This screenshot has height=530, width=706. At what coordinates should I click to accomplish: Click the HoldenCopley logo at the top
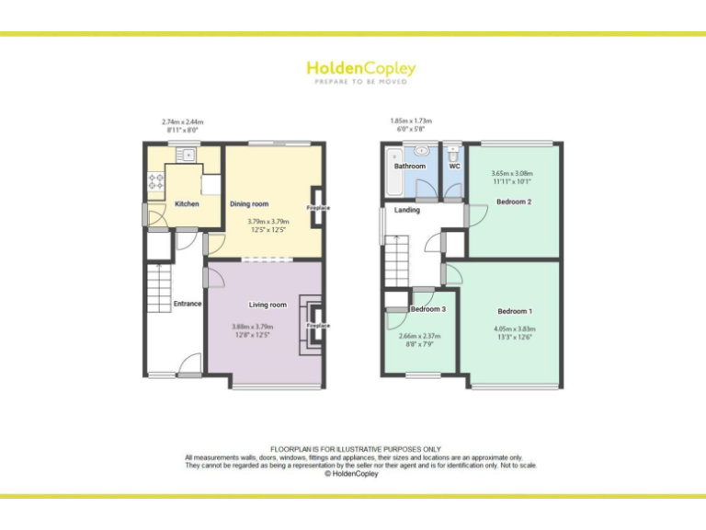360,69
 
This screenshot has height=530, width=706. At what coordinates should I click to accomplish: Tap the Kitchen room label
187,203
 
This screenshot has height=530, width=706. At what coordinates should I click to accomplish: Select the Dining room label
249,203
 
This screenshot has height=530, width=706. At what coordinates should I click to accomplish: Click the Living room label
268,305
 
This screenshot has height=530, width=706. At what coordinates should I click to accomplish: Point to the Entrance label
187,304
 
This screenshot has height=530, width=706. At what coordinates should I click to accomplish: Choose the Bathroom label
410,167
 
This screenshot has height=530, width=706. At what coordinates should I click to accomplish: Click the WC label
454,167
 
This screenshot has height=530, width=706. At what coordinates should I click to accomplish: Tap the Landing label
407,210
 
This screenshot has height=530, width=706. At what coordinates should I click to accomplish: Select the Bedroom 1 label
515,311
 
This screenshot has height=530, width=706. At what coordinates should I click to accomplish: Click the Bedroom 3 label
427,309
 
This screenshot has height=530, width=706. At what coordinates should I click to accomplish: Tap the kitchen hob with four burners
154,181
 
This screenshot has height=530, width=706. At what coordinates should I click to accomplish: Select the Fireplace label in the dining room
318,207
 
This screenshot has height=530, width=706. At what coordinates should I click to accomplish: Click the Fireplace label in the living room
318,326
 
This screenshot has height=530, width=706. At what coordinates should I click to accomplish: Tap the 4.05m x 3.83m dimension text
515,328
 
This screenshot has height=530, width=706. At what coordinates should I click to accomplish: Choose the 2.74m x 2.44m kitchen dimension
182,121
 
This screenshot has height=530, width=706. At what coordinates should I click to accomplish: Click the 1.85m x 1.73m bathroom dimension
411,121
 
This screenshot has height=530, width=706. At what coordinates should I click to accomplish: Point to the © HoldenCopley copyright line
353,474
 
